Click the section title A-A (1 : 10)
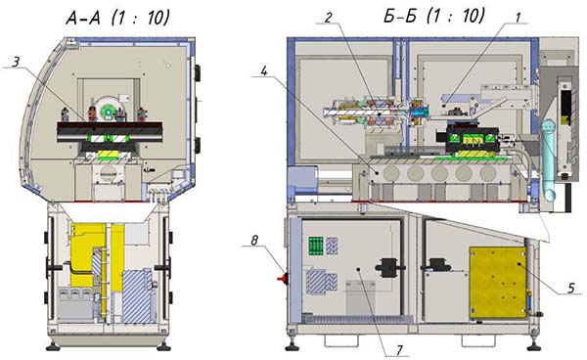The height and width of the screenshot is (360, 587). point(117,18)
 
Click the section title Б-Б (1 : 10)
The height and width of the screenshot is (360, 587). point(434,17)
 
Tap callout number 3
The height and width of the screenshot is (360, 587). point(15,62)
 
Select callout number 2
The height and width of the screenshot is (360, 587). point(329,18)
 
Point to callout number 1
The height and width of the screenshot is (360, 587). point(519,18)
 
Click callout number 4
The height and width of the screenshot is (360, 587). point(264,71)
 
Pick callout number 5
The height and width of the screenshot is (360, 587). point(571,288)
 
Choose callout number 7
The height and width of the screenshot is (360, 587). point(399,350)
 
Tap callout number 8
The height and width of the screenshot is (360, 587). point(254,241)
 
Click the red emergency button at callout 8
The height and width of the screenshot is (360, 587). point(283,279)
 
